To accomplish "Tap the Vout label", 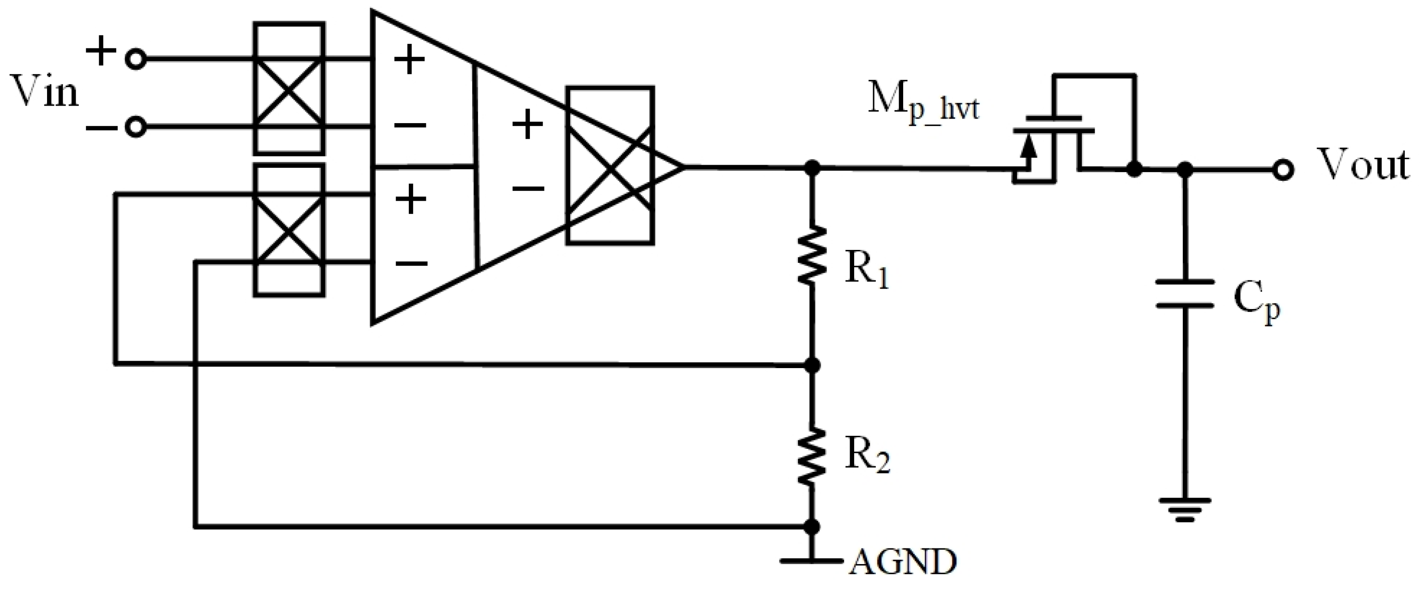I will coord(1361,165).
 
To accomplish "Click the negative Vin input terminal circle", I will coord(136,127).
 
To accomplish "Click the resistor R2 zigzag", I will coord(811,456).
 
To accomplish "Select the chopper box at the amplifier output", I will coord(610,165).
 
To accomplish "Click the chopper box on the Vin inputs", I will coord(289,88).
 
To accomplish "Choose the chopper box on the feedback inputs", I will coord(289,230).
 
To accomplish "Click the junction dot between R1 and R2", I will coord(812,365).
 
